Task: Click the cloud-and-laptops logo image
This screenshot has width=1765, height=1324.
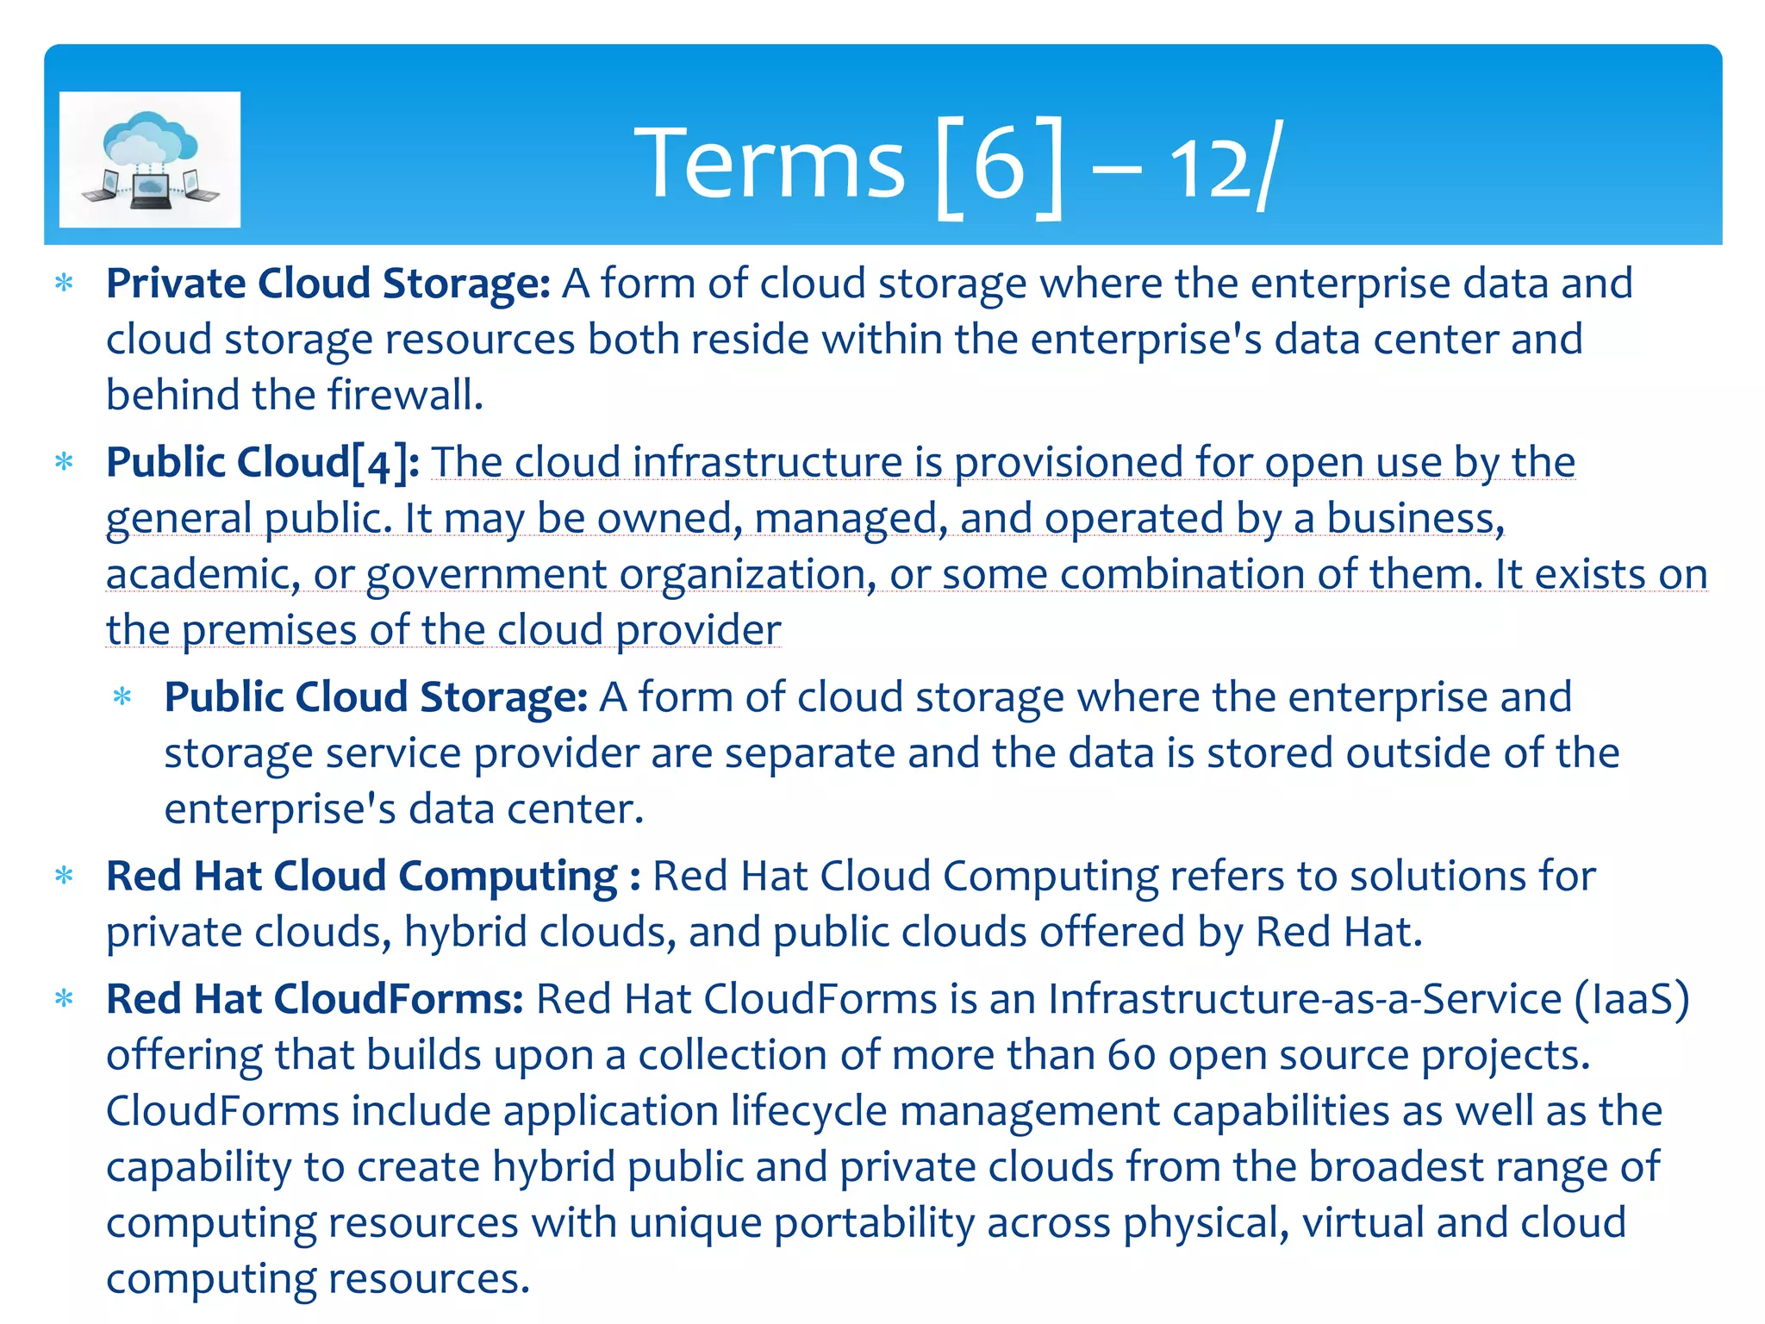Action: tap(150, 160)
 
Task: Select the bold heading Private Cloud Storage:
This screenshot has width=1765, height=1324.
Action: tap(327, 284)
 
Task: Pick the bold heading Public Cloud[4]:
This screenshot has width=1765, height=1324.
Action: tap(262, 462)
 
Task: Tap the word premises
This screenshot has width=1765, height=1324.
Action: tap(269, 630)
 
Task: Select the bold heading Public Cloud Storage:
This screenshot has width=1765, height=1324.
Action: tap(376, 697)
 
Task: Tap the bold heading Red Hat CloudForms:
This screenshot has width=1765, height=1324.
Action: tap(315, 999)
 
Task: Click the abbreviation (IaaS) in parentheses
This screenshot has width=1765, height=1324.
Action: tap(1631, 999)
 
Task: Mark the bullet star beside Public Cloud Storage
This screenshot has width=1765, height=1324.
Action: tap(122, 696)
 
